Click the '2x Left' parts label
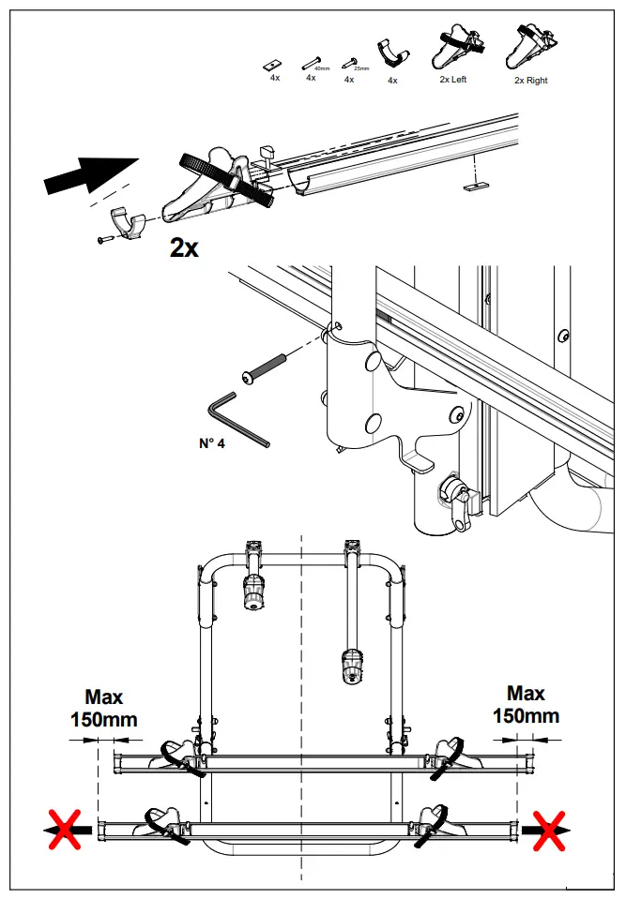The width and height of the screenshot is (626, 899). (452, 80)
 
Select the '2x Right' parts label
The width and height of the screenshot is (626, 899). (530, 81)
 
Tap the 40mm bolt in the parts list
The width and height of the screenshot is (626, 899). (312, 65)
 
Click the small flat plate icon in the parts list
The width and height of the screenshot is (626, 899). (274, 64)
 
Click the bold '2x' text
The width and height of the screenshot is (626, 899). (184, 247)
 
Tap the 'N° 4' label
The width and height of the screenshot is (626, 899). (212, 443)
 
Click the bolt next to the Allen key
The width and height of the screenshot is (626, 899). (267, 367)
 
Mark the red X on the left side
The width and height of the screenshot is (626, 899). (65, 830)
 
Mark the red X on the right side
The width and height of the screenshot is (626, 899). (549, 830)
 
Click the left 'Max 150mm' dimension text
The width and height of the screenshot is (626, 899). (103, 709)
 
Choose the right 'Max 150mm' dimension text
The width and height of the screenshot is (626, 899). (526, 705)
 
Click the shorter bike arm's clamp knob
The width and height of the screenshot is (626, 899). (253, 592)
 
